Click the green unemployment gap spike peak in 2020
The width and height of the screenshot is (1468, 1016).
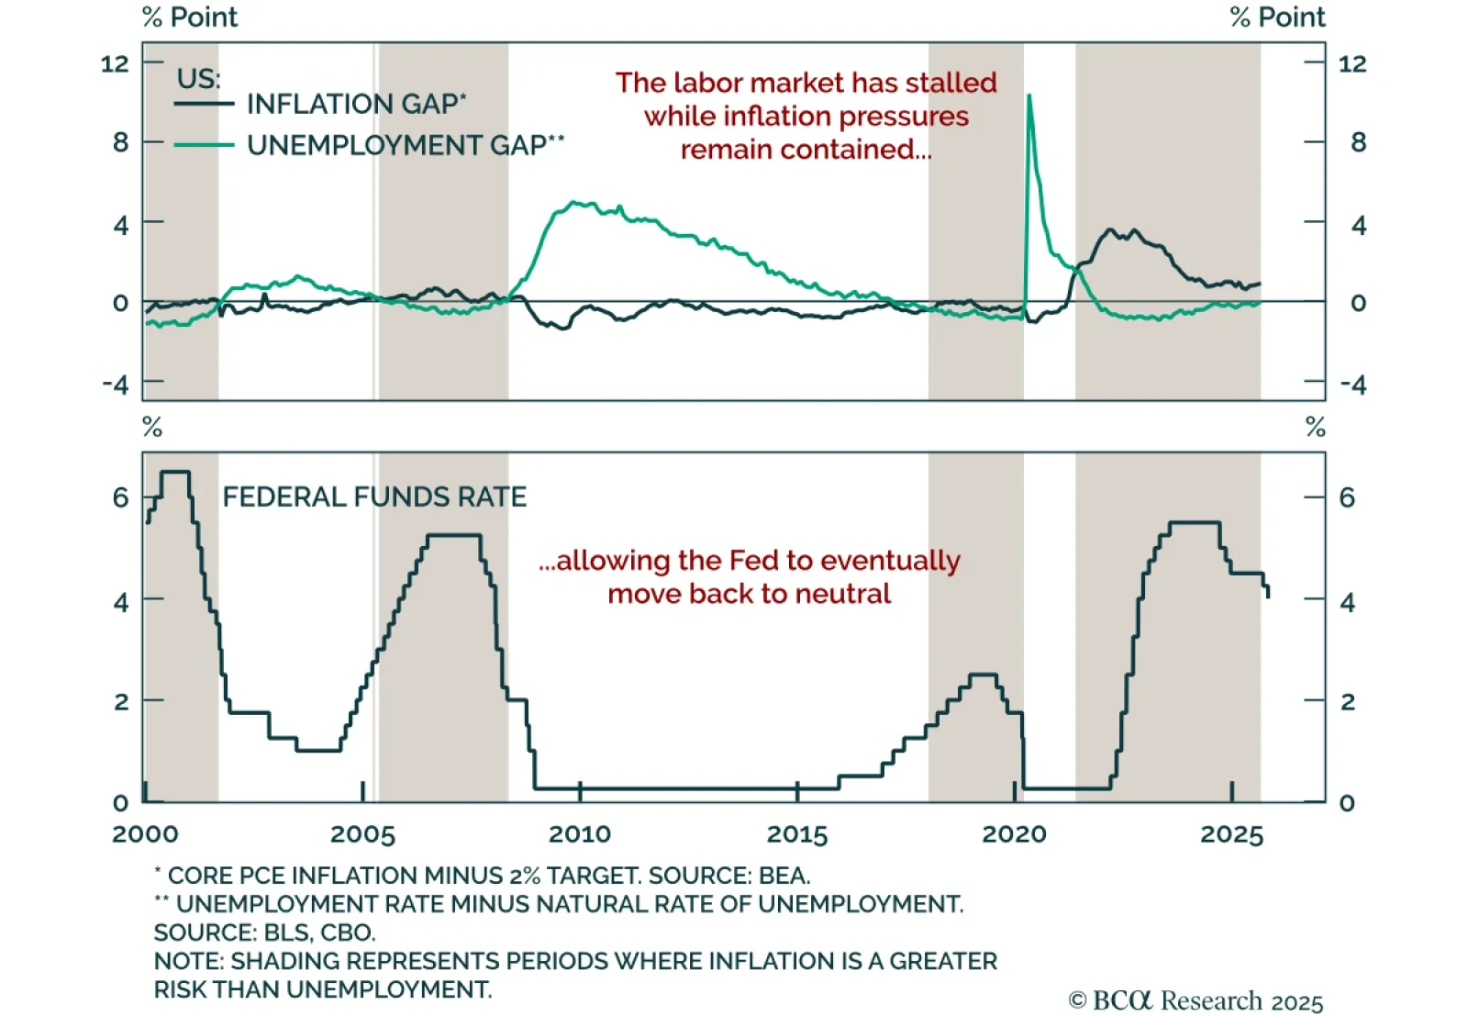coord(1029,96)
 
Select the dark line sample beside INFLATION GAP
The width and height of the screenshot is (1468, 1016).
coord(204,104)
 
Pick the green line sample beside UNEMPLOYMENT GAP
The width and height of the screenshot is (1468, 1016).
coord(204,145)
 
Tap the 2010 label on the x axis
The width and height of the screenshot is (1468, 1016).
coord(579,834)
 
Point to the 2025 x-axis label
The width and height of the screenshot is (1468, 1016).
coord(1231,834)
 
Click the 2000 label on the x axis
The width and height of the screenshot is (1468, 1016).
coord(145,834)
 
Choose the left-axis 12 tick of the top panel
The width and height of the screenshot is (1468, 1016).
coord(115,63)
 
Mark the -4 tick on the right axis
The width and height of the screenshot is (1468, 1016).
coord(1352,384)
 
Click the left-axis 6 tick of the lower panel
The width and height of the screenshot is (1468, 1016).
coord(120,497)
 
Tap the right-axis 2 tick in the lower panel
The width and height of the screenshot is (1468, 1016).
coord(1347,702)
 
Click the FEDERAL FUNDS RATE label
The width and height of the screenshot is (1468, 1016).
coord(374,497)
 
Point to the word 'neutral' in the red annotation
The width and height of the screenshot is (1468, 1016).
coord(843,594)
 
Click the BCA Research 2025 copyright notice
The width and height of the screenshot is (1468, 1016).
coord(1196,1000)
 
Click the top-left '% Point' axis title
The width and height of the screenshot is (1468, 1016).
coord(190,17)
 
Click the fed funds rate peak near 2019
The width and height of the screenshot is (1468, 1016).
coord(983,675)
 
